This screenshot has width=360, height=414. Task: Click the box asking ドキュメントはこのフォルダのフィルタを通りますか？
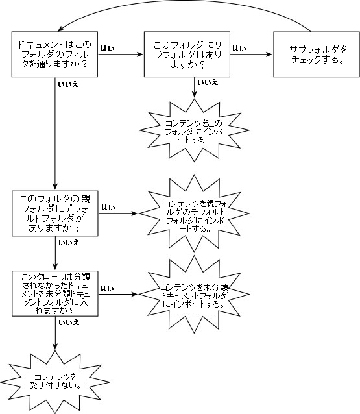pos(54,55)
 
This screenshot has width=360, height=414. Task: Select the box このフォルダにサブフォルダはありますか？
pos(187,55)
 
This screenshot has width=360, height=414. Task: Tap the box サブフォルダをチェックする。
pos(317,55)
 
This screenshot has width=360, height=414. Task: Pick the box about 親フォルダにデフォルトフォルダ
pos(55,213)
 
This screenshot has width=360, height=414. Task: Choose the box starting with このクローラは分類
pos(55,293)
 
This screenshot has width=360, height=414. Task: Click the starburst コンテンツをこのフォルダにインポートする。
pos(194,130)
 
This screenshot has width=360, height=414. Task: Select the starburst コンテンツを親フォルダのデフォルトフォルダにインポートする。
pos(194,213)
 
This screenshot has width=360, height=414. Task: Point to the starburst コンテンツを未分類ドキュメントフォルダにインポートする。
pos(194,294)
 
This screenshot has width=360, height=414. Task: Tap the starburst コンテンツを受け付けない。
pos(55,382)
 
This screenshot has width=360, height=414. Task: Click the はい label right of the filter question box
pos(108,48)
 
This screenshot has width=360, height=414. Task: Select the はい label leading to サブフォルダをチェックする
pos(239,48)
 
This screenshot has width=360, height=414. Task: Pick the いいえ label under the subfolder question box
pos(208,82)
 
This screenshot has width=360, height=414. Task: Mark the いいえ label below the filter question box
pos(69,84)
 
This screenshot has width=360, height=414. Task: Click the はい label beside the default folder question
pos(108,207)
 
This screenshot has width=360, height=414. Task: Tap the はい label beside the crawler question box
pos(107,288)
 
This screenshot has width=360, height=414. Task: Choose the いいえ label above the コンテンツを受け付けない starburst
pos(69,323)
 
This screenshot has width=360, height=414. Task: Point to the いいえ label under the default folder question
pos(69,243)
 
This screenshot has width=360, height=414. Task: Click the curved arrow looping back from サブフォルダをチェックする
pos(185,1)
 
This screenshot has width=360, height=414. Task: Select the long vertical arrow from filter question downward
pos(55,133)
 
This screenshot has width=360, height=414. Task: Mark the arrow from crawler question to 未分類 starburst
pos(118,294)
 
